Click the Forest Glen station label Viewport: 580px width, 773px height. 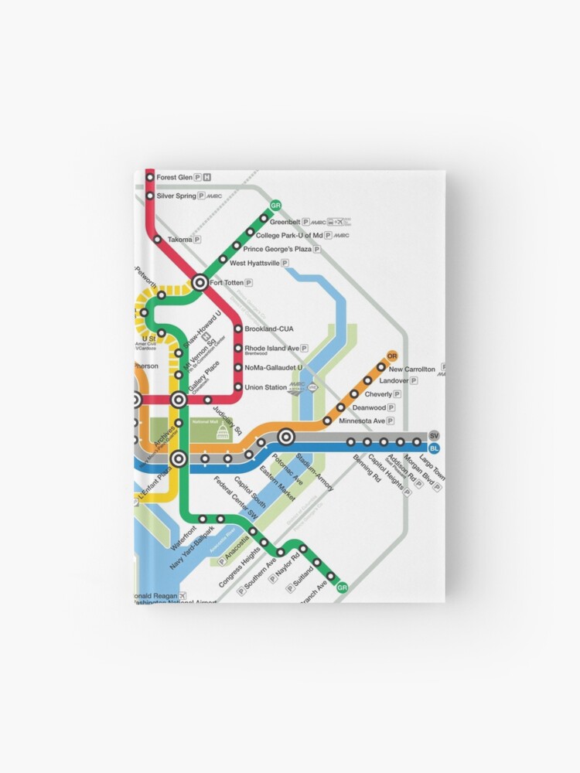click(x=174, y=178)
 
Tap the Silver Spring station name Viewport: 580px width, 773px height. click(x=176, y=196)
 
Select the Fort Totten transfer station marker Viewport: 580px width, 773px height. click(x=200, y=283)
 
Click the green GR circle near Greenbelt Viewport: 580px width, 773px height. click(x=274, y=206)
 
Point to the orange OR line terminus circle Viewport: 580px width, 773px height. click(x=392, y=356)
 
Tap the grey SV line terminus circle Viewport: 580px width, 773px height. click(x=434, y=435)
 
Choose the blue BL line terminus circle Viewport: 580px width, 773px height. click(x=434, y=448)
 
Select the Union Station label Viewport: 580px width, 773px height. click(x=265, y=387)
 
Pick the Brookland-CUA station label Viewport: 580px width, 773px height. click(x=269, y=329)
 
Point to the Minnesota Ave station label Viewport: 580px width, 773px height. click(x=361, y=421)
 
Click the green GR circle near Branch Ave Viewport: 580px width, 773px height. click(x=343, y=587)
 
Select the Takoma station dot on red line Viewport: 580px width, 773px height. click(x=158, y=240)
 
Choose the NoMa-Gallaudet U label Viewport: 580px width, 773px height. click(x=274, y=368)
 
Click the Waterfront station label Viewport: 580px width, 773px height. click(x=184, y=536)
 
